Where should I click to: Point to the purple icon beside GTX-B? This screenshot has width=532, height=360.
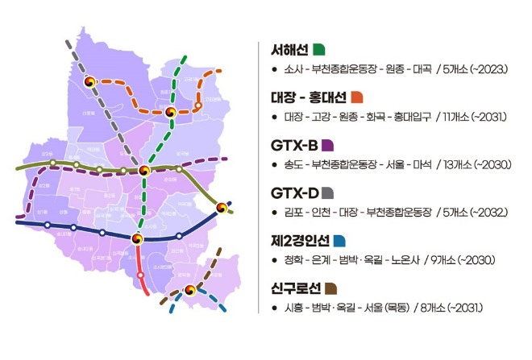pos(328,146)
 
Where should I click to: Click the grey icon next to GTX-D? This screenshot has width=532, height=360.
pos(328,193)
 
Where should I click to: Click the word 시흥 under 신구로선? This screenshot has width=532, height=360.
pos(293,308)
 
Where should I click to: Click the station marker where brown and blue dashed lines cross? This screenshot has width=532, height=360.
pos(190,290)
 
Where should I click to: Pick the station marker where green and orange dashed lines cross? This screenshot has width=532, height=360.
pos(171,113)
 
